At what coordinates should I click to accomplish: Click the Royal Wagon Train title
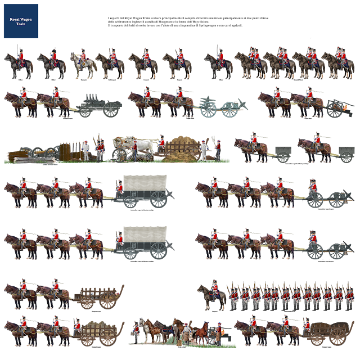pos(20,21)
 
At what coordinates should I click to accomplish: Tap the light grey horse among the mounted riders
pos(83,65)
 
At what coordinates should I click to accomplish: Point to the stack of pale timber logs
pos(33,160)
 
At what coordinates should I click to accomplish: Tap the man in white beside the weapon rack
pos(86,151)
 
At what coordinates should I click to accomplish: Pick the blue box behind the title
pos(20,21)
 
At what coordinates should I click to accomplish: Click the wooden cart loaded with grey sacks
pos(101,331)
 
